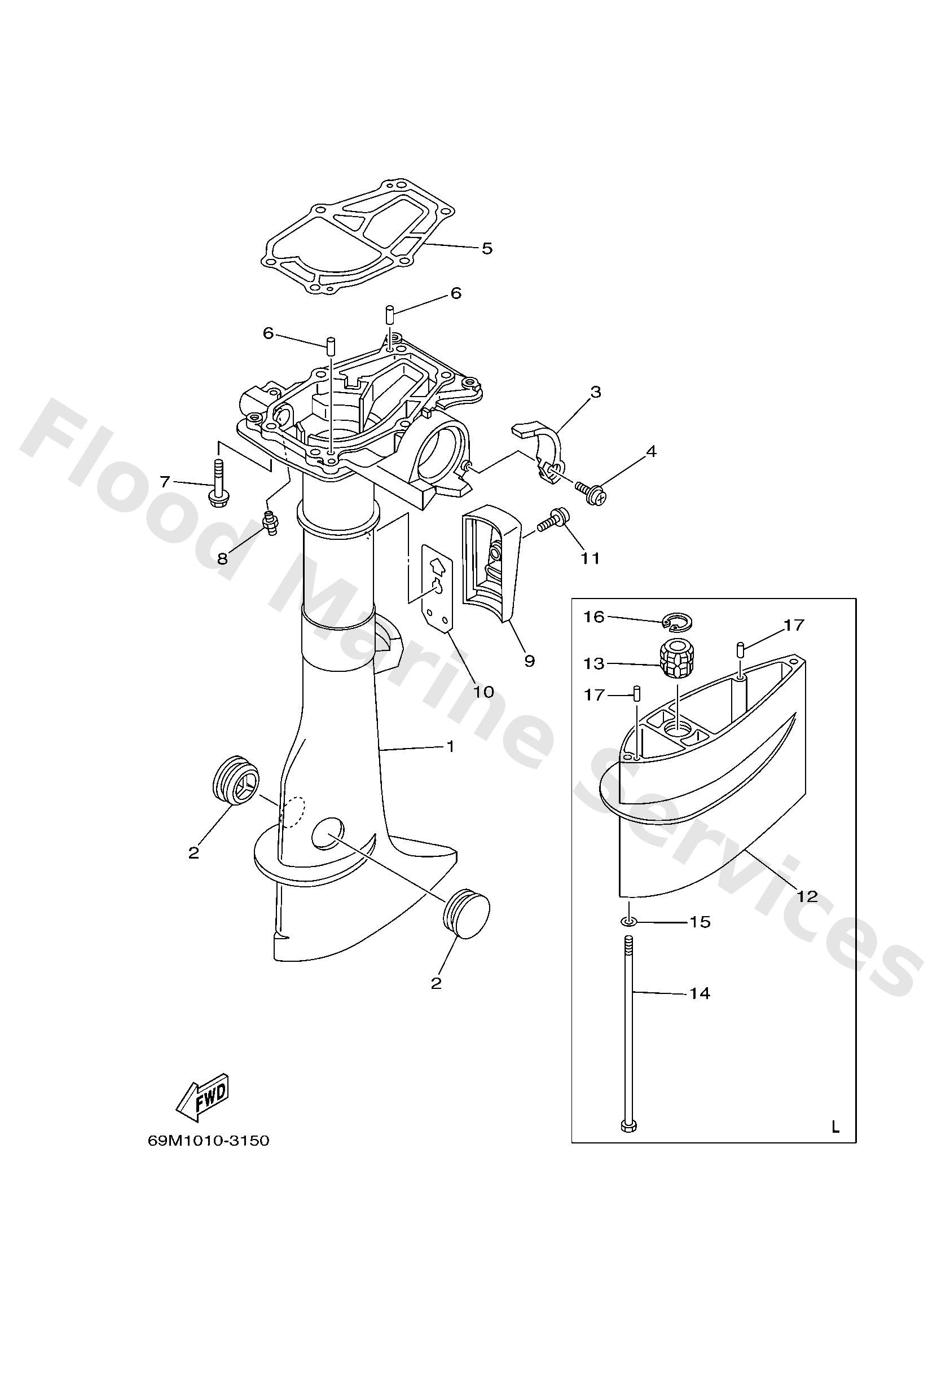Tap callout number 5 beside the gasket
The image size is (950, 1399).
click(487, 248)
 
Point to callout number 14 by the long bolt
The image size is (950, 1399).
click(700, 993)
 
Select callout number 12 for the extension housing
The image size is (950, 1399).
click(807, 897)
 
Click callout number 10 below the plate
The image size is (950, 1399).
click(483, 692)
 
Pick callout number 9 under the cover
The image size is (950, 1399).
click(529, 661)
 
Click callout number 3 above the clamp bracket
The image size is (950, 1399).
click(595, 393)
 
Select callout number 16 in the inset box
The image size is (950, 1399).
click(594, 617)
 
